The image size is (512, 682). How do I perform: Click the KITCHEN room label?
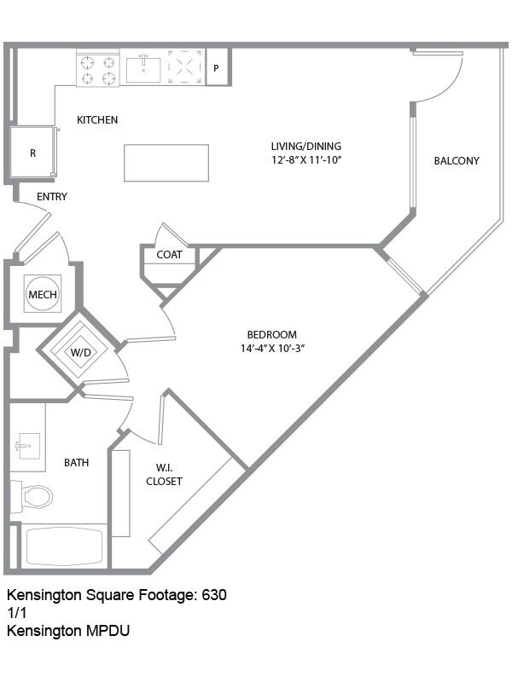click(97, 120)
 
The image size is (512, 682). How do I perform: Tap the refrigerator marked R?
click(33, 153)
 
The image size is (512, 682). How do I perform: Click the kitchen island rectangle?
click(166, 163)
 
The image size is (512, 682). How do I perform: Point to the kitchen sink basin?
click(143, 68)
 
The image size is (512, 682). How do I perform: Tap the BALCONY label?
click(457, 160)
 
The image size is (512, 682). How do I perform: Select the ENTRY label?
click(52, 197)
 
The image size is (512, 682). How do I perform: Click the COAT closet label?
click(169, 255)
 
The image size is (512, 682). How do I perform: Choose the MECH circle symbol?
click(43, 295)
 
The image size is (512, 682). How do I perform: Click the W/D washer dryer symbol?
click(80, 351)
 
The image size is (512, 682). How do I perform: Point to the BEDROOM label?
click(272, 334)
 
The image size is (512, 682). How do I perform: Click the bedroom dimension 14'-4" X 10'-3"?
click(272, 348)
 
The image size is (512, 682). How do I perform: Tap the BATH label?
click(77, 463)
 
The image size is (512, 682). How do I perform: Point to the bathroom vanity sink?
click(26, 445)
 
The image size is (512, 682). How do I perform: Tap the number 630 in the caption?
click(213, 595)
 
